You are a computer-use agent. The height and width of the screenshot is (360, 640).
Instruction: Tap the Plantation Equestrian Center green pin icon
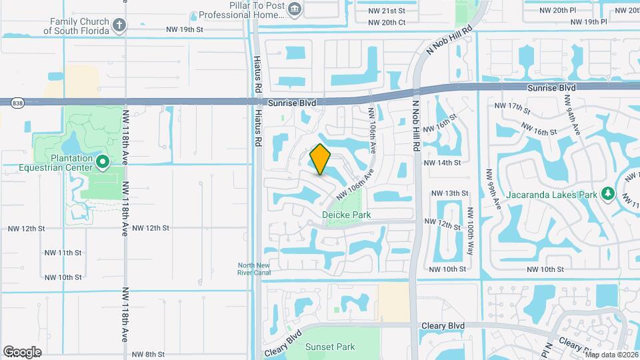click(103, 161)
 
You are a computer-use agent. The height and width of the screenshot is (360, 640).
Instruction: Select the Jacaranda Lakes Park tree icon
click(607, 193)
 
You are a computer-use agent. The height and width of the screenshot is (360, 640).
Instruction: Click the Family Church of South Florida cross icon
click(119, 25)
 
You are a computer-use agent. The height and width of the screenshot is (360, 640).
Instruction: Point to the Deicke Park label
click(346, 215)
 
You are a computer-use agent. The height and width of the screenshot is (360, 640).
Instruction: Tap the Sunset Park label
click(330, 347)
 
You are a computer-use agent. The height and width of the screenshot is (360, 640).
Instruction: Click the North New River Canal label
click(254, 268)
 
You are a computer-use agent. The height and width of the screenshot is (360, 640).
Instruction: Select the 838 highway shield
click(18, 102)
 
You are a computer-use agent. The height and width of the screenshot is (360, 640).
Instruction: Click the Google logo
click(22, 352)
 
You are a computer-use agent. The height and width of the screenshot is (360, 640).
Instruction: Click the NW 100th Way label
click(470, 231)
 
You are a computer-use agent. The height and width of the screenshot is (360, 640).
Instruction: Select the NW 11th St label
click(65, 253)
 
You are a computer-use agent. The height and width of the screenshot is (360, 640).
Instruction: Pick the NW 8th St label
click(147, 354)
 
